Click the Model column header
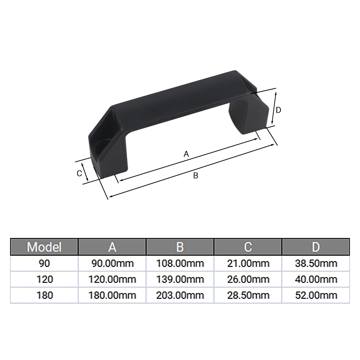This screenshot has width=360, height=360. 44,247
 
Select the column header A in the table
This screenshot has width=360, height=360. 112,247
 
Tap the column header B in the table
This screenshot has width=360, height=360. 180,247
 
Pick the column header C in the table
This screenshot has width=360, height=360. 248,247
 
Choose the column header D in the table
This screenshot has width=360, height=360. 315,247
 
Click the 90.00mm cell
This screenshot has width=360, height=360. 112,264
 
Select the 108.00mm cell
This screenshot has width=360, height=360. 180,264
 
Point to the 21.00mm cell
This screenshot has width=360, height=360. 248,264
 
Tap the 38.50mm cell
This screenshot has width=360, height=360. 315,264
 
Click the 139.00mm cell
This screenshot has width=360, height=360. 180,279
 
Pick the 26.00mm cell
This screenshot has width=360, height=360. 248,279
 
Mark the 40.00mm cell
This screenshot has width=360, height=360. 315,279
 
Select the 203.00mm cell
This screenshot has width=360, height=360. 180,296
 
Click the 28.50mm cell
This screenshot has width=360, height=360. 248,296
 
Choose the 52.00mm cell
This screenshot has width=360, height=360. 315,296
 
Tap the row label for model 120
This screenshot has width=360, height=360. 44,279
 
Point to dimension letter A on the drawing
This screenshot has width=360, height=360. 186,154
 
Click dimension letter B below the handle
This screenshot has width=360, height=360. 195,176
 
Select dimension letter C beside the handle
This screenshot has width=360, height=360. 80,173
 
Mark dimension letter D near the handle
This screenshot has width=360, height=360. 278,110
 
